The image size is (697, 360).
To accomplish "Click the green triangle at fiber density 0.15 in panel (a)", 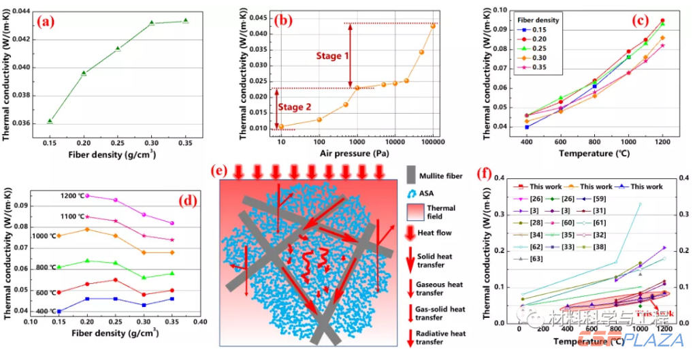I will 50,121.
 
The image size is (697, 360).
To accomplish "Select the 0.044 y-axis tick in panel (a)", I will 22,12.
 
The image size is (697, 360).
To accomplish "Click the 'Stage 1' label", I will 332,55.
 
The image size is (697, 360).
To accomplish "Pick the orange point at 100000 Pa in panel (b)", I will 433,26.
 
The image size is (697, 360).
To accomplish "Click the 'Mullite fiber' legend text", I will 442,176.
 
